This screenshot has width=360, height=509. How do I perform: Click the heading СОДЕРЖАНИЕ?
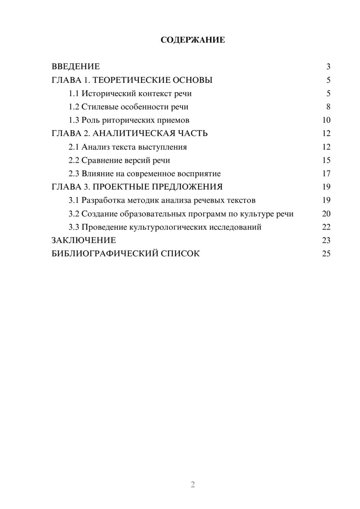tap(193, 40)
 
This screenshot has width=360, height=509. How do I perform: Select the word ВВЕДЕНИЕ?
tap(76, 67)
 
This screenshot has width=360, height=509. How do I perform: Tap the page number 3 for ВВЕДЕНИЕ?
tap(328, 67)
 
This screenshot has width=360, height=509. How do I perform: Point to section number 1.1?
tap(74, 94)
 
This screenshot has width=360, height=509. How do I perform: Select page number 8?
tap(328, 107)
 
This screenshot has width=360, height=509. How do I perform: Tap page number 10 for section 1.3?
tap(326, 120)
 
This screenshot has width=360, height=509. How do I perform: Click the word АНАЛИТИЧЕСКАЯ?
tap(133, 134)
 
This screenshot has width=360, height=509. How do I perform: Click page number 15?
tap(326, 160)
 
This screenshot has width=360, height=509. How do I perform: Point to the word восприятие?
tap(199, 174)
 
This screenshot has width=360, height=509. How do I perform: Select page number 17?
tap(326, 174)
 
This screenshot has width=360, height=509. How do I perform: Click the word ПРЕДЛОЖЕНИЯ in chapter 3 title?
tap(187, 187)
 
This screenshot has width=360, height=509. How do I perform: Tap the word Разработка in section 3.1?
tap(103, 200)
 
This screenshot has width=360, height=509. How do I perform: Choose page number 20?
tap(326, 213)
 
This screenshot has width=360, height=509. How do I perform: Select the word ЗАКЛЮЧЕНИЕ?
tap(84, 240)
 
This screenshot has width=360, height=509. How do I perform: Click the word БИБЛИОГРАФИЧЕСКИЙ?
tap(105, 253)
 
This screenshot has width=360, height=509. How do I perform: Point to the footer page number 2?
tap(193, 485)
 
